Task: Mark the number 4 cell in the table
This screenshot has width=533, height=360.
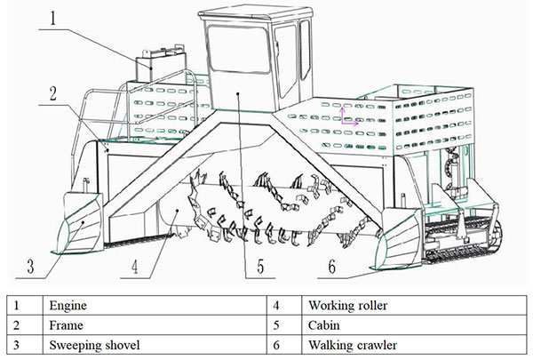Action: (277, 305)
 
